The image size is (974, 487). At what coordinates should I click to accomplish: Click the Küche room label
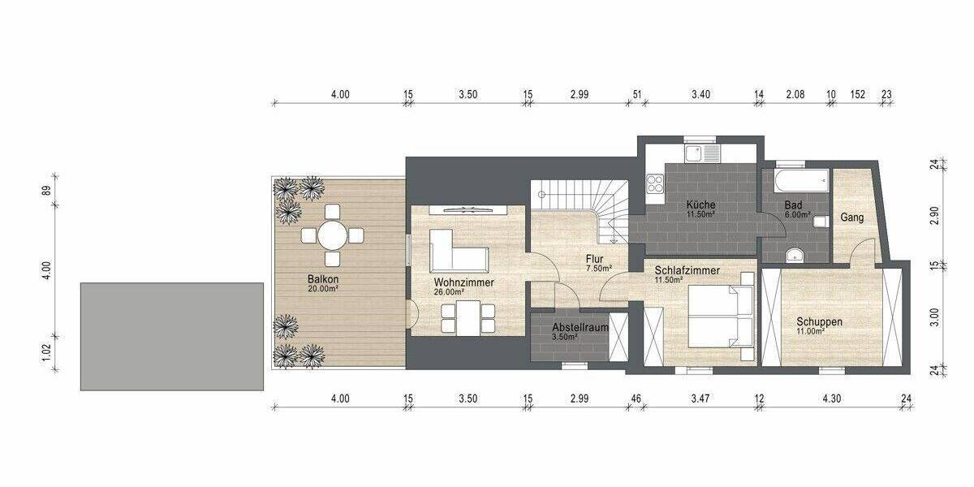[x=699, y=205]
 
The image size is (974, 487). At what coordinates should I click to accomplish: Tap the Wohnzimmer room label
[x=463, y=282]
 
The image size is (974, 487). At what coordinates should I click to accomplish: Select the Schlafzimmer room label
[x=687, y=270]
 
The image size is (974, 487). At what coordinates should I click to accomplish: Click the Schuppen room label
[x=818, y=321]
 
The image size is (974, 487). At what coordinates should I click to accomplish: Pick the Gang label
[x=851, y=218]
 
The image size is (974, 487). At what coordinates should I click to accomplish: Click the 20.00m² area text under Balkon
[x=322, y=288]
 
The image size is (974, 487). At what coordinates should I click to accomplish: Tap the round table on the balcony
[x=332, y=236]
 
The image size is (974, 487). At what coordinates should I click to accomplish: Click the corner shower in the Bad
[x=795, y=254]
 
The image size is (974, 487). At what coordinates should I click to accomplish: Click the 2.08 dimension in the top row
[x=795, y=94]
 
